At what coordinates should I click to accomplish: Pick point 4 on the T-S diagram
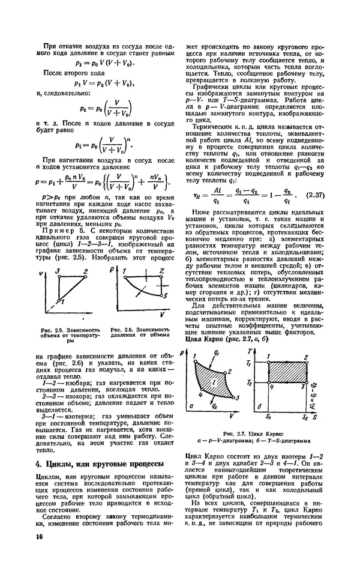(271, 387)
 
